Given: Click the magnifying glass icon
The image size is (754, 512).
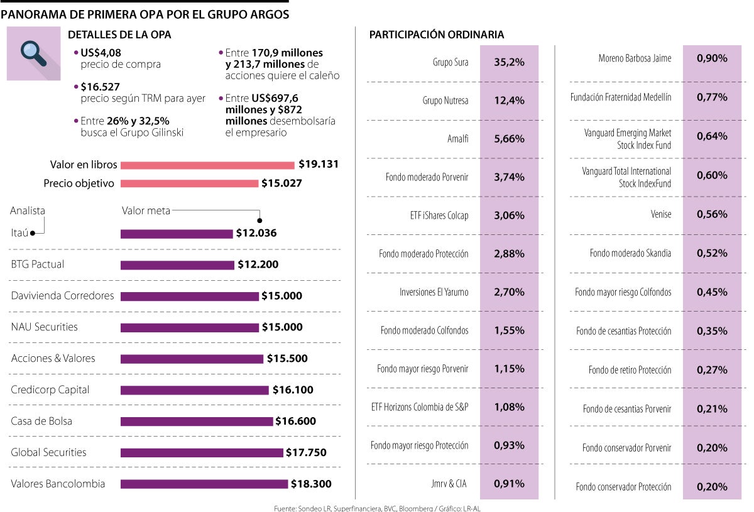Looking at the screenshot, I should pyautogui.click(x=33, y=53).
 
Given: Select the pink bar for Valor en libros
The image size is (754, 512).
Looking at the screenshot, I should pyautogui.click(x=207, y=165).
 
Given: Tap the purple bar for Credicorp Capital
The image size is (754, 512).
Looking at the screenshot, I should pyautogui.click(x=194, y=390).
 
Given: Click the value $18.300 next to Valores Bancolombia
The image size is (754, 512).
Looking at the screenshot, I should pyautogui.click(x=312, y=484).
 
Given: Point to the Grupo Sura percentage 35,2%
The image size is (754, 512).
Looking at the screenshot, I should pyautogui.click(x=509, y=62).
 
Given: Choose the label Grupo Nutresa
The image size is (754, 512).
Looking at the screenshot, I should pyautogui.click(x=445, y=101).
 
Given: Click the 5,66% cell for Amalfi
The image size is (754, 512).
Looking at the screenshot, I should pyautogui.click(x=509, y=139).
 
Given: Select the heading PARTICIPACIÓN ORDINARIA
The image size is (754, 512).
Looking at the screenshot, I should pyautogui.click(x=436, y=35).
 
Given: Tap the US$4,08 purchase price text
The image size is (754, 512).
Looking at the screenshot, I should pyautogui.click(x=97, y=53).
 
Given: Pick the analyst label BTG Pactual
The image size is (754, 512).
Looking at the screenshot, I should pyautogui.click(x=38, y=264).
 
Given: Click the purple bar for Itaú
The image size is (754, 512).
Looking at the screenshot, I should pyautogui.click(x=177, y=234).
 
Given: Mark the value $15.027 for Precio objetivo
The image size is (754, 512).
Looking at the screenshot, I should pyautogui.click(x=281, y=183).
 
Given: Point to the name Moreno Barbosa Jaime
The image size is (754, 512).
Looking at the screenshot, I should pyautogui.click(x=635, y=58).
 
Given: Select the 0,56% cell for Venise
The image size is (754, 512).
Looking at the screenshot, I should pyautogui.click(x=712, y=214).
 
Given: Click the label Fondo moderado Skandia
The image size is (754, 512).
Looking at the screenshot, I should pyautogui.click(x=630, y=253).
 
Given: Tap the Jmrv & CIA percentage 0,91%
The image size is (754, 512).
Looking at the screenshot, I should pyautogui.click(x=509, y=484).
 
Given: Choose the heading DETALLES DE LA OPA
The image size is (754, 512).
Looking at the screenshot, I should pyautogui.click(x=119, y=35).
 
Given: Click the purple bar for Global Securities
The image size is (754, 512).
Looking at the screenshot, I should pyautogui.click(x=202, y=453).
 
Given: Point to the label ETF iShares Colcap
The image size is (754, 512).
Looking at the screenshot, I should pyautogui.click(x=439, y=215).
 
